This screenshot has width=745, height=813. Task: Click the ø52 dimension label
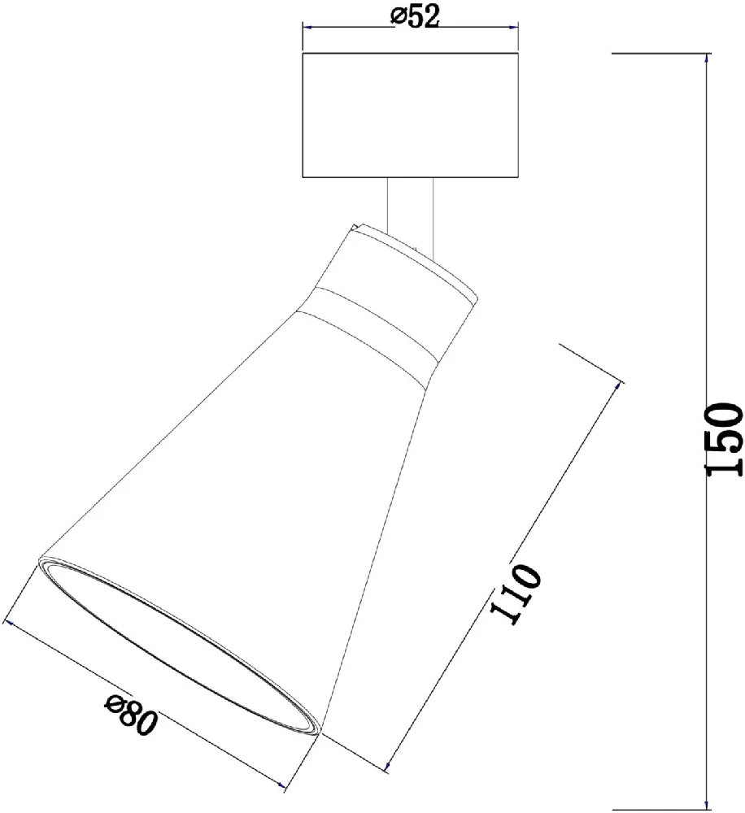pos(415,16)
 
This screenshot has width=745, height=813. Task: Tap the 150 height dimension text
pos(723,439)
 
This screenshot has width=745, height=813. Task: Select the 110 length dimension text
pos(516,593)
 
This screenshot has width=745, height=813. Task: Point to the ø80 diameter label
pos(131,716)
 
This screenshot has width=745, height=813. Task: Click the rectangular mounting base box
pos(411,115)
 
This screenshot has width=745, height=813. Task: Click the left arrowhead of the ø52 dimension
pos(307,27)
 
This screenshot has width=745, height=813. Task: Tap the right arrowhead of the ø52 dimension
pos(514,27)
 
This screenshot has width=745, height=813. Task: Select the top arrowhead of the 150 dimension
pos(707,58)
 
